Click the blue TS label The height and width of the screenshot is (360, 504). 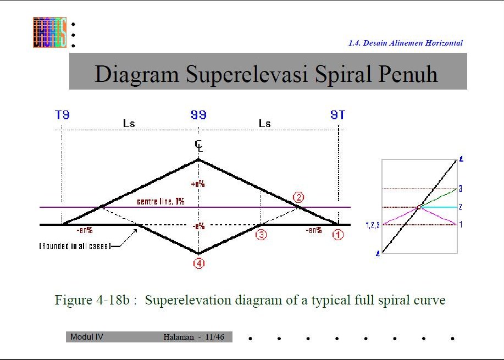(62, 115)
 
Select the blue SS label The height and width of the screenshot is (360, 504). (198, 115)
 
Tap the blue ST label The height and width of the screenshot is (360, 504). (337, 115)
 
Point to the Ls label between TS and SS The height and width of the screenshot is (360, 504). (129, 124)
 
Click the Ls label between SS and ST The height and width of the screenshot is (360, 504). (264, 124)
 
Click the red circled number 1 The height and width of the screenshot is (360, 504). (338, 235)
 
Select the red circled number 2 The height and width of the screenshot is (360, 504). (298, 197)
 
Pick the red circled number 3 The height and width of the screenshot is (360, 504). (261, 235)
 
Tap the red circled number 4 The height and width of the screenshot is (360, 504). (198, 263)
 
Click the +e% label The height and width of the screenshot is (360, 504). (197, 184)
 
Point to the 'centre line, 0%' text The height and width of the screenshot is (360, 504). (160, 202)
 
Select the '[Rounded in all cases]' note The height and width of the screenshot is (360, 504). (75, 246)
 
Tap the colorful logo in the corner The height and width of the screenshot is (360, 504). (49, 32)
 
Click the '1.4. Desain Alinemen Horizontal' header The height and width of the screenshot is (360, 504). (405, 43)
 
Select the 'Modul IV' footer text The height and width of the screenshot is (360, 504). (87, 336)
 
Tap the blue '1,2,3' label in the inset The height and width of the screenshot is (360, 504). (373, 225)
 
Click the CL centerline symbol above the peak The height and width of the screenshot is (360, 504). (198, 145)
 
